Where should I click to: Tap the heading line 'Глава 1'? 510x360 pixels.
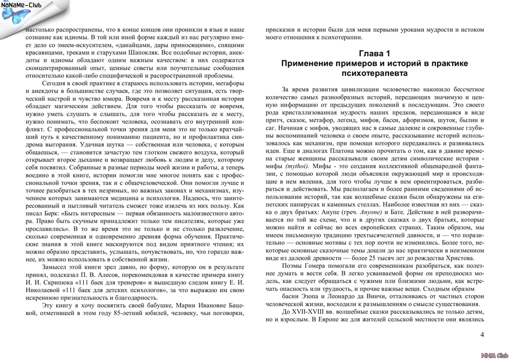click(374, 53)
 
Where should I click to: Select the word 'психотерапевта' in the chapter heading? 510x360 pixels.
click(375, 73)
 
